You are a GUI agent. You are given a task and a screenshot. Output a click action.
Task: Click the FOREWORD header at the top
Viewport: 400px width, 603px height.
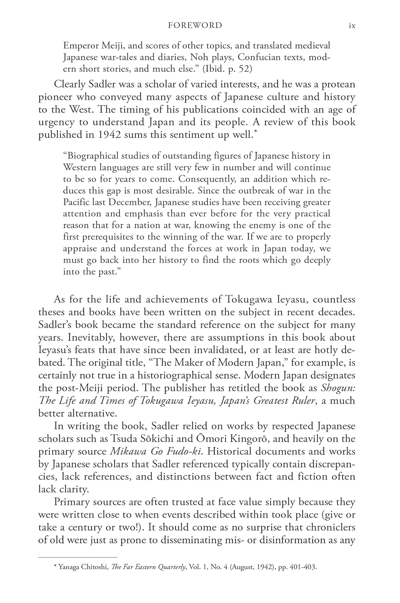(195, 25)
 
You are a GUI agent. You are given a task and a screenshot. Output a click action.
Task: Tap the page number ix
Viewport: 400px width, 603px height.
(352, 26)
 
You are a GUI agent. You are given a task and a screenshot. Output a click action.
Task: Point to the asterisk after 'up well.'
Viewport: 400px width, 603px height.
(255, 131)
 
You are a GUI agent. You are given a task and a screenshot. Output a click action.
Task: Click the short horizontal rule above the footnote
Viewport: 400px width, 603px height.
(77, 557)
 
